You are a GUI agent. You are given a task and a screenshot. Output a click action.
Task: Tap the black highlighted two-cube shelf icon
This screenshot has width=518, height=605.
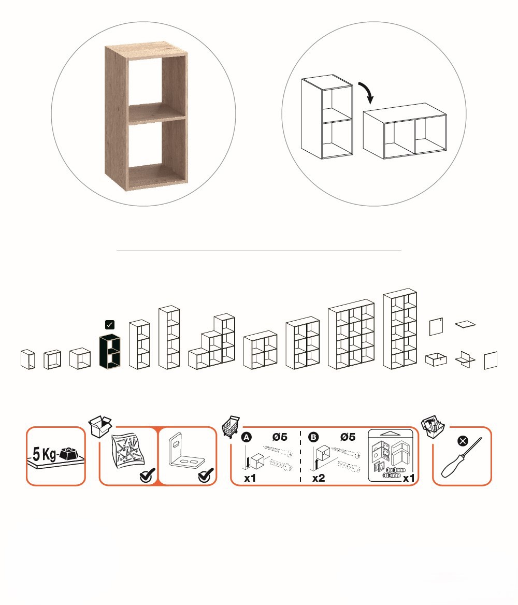coord(110,351)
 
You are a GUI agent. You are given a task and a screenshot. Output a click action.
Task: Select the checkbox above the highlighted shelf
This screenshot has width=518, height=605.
coord(110,324)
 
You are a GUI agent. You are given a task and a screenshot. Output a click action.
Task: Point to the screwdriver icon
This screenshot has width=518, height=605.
coord(461,458)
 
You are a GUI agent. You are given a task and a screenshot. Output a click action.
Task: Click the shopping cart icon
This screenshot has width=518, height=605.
coord(231,426)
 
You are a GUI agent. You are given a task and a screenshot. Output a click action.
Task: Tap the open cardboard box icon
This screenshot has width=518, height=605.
coord(100,426)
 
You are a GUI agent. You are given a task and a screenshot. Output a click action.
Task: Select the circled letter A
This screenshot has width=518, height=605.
coord(246,437)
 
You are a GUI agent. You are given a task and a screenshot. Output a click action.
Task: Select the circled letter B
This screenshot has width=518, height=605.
coord(313,437)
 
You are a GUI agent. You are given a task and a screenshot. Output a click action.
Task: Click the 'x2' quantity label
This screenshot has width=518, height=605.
coord(319,478)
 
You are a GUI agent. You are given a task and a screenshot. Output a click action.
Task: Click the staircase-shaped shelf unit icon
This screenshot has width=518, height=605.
coord(212,341)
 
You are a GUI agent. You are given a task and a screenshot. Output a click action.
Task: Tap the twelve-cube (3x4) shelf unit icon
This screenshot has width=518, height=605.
coord(351,334)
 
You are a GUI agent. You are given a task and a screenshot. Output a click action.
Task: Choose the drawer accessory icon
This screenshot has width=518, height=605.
coord(436,359)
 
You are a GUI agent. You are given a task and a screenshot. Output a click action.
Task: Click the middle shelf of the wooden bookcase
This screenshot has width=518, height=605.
coord(156,113)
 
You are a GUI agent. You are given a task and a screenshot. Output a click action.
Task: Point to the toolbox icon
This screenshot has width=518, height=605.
coord(433,426)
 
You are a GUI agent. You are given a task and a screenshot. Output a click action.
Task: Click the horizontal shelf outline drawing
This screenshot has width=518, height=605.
coord(405,131)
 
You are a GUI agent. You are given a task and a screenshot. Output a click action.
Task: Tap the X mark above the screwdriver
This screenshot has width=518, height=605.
coord(463,441)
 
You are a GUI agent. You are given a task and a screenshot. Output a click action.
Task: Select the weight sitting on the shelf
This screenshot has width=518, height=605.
coord(69,454)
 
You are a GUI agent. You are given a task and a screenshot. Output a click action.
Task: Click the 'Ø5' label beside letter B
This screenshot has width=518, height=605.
coord(348,437)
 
